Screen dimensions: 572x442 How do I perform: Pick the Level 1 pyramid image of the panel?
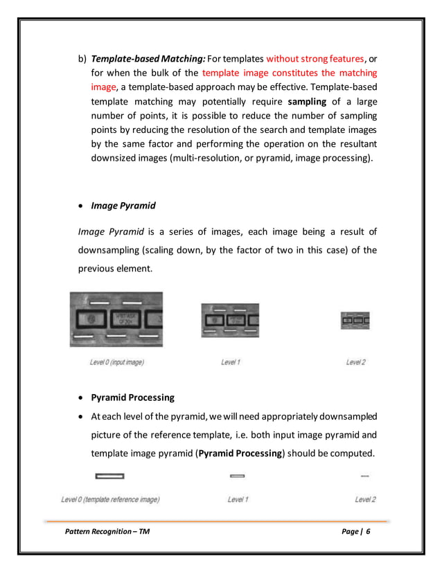point(230,321)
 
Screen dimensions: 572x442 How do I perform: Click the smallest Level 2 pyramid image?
point(355,321)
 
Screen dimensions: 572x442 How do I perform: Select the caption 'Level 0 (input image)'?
point(117,361)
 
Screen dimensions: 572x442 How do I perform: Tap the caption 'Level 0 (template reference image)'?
point(110,499)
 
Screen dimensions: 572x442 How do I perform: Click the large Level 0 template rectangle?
point(109,476)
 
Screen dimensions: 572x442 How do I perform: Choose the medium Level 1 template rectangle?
point(238,476)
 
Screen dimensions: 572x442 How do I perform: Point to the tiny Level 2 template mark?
point(365,476)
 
